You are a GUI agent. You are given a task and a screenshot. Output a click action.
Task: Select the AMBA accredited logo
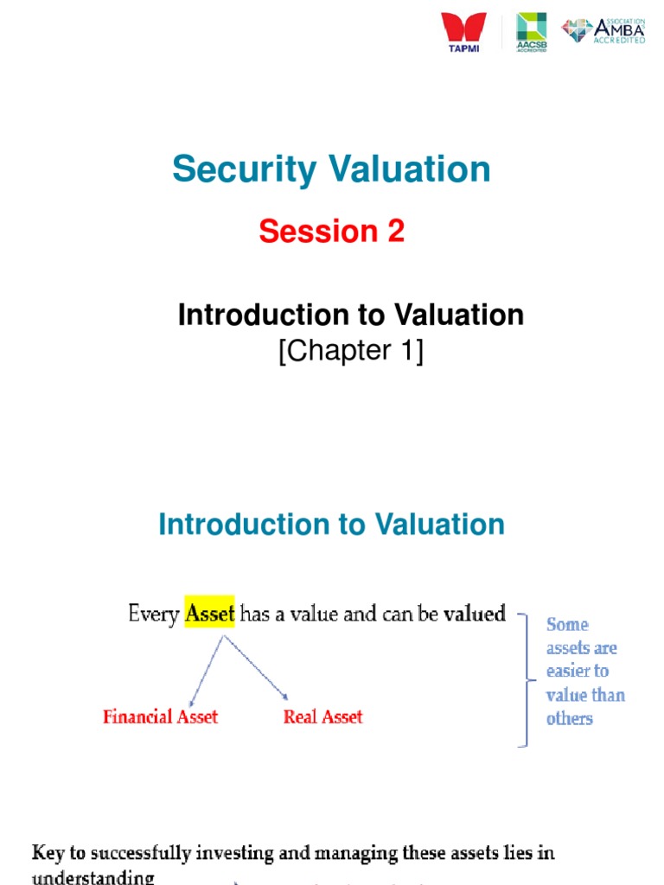click(x=603, y=31)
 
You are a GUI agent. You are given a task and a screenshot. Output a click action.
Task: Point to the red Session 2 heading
click(x=331, y=232)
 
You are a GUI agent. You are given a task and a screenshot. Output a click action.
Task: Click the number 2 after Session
click(x=395, y=232)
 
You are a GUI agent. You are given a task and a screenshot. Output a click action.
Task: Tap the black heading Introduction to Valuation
click(x=350, y=315)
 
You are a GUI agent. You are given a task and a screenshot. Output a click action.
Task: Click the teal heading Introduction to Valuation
click(x=331, y=525)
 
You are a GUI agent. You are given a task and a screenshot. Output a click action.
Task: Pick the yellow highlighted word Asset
click(x=210, y=614)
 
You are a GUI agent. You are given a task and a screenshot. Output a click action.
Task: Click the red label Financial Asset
click(x=160, y=716)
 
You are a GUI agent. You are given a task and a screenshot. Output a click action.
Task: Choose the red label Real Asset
click(x=322, y=716)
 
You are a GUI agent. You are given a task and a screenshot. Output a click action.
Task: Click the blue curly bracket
click(x=525, y=679)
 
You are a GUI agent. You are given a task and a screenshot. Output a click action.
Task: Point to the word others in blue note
click(x=569, y=718)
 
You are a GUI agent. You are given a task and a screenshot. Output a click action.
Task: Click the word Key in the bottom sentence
click(x=48, y=853)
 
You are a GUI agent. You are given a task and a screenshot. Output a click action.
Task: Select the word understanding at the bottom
click(x=93, y=877)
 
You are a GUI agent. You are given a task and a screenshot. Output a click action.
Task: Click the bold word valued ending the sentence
click(x=474, y=614)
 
